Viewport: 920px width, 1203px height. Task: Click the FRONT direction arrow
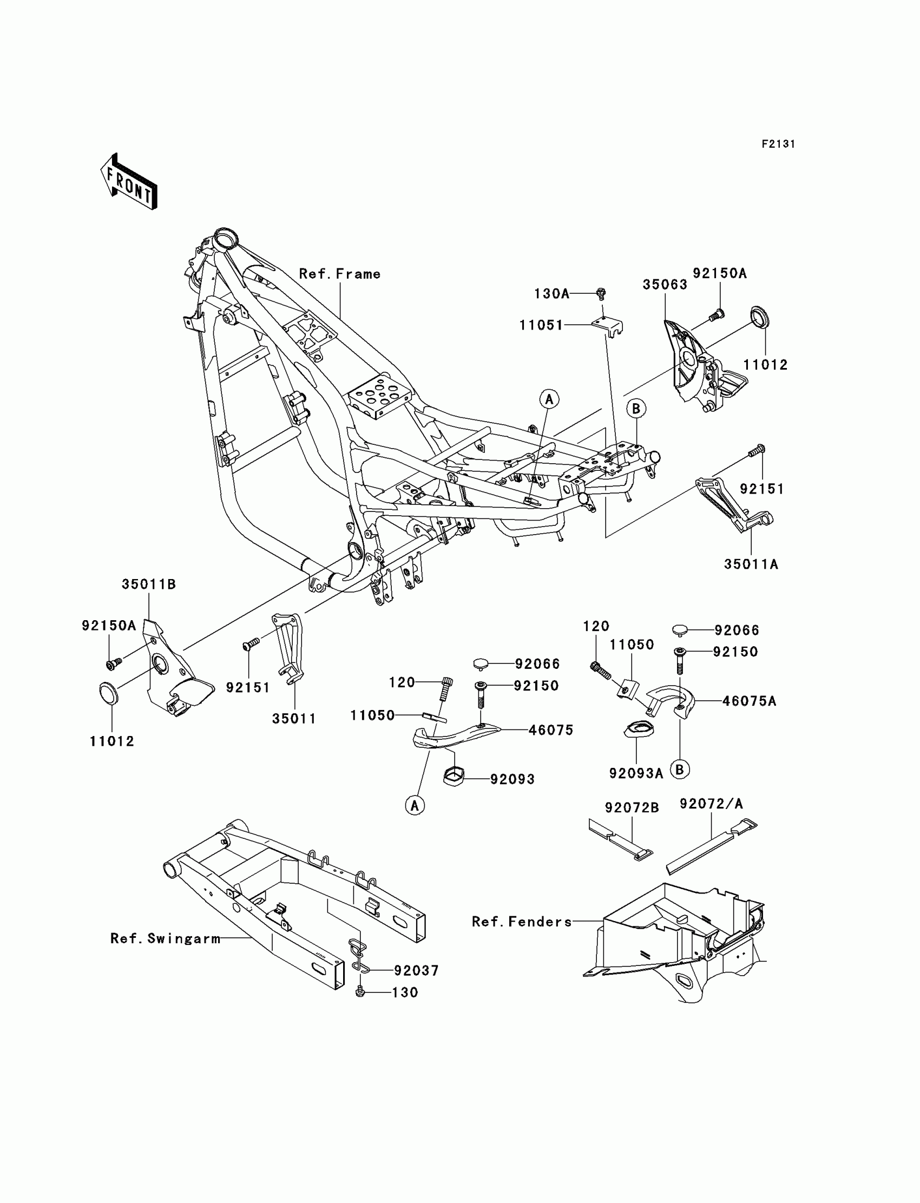(x=129, y=182)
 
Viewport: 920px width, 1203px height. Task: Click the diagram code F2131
(x=778, y=144)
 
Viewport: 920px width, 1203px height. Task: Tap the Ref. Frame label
(x=339, y=274)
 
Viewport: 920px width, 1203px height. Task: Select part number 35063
(x=665, y=285)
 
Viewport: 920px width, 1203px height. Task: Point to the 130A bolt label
(x=551, y=294)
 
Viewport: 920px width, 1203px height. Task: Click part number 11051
(x=541, y=325)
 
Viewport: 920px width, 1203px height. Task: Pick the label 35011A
(x=751, y=564)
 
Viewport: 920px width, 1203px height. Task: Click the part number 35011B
(x=148, y=584)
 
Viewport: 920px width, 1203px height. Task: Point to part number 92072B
(x=632, y=807)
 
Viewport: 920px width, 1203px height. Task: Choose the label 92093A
(x=636, y=773)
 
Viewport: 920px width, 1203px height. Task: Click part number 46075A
(x=749, y=701)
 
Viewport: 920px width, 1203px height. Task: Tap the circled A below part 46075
(x=415, y=805)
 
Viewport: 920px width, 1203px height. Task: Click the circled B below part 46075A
(x=680, y=770)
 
